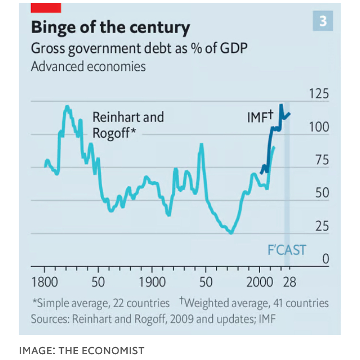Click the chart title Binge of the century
[x=110, y=27]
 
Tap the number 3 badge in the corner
[x=323, y=21]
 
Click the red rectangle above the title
[x=46, y=7]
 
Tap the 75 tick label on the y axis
[x=322, y=161]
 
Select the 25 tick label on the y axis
[x=322, y=226]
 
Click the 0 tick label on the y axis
[x=325, y=260]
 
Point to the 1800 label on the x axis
[x=45, y=282]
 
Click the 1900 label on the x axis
[x=152, y=282]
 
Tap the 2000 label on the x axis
[x=260, y=282]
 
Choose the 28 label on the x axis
[x=289, y=282]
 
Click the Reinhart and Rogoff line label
[x=128, y=124]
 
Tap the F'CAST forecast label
[x=286, y=250]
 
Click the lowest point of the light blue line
[x=231, y=233]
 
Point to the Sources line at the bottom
[x=153, y=319]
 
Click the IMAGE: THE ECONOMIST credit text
[x=82, y=351]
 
